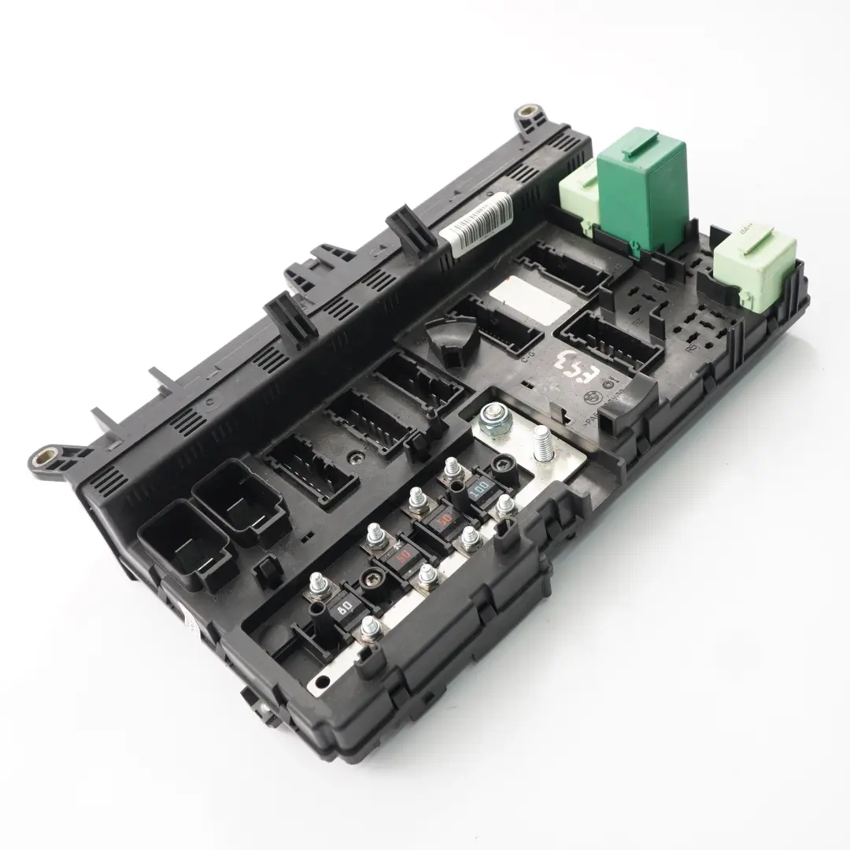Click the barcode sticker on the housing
tap(475, 225)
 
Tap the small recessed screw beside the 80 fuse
tap(367, 582)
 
